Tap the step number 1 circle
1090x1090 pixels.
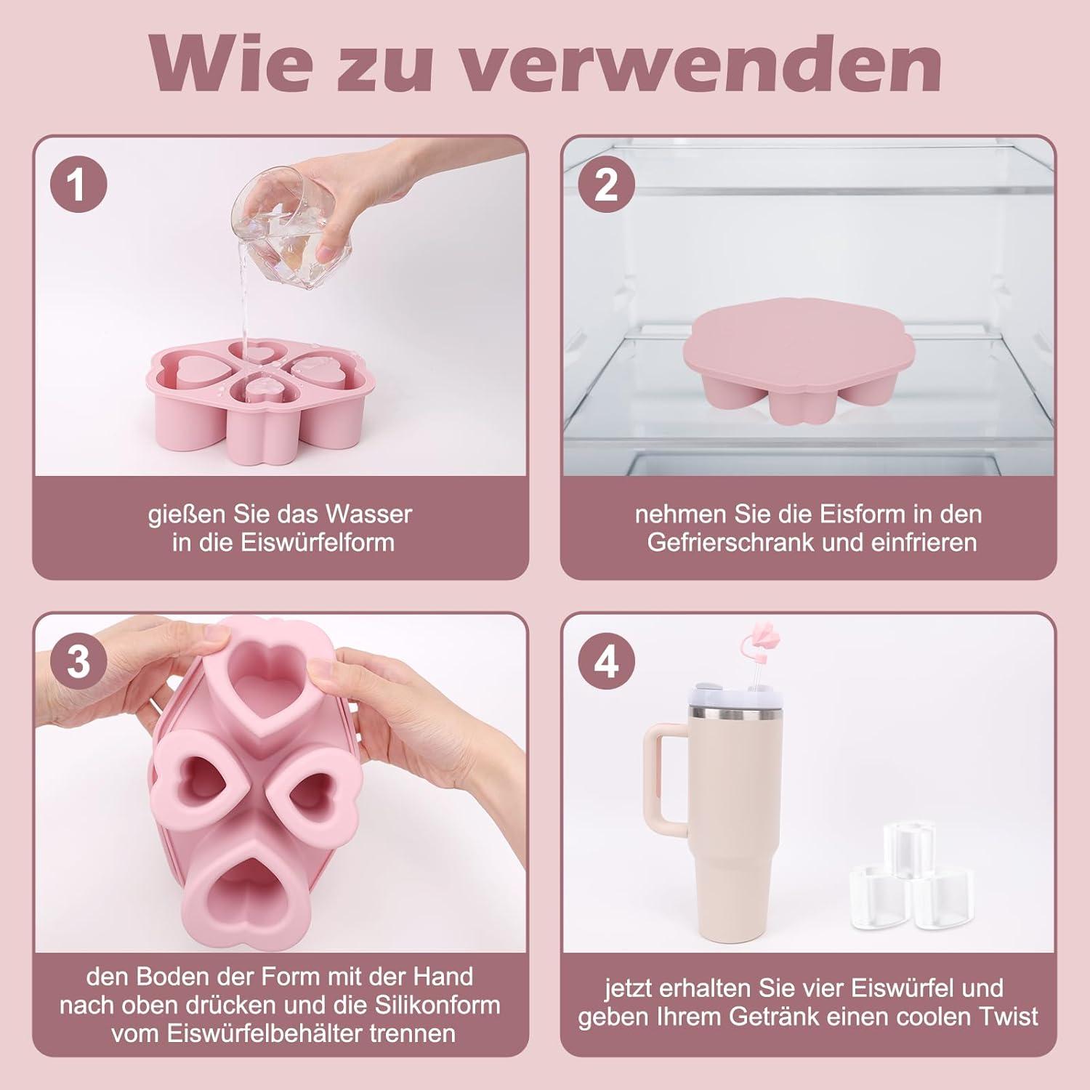78,185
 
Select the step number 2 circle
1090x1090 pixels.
606,185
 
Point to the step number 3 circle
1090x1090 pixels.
78,663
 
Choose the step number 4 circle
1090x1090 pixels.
606,663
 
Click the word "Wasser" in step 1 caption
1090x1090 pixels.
369,514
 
